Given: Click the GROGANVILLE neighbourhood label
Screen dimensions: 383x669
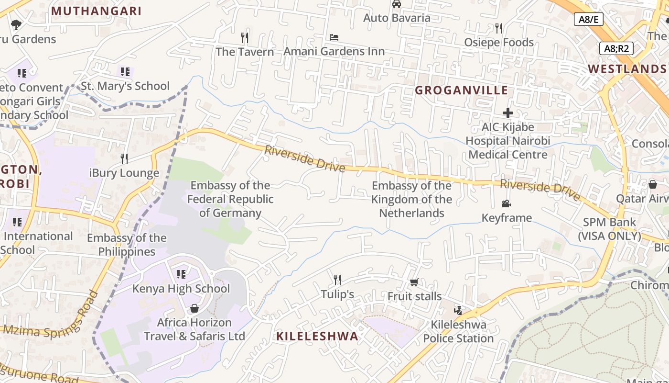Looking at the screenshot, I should pyautogui.click(x=461, y=90).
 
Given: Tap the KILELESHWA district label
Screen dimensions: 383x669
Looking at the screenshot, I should pyautogui.click(x=317, y=336).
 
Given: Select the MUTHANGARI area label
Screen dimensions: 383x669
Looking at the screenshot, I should pyautogui.click(x=96, y=11).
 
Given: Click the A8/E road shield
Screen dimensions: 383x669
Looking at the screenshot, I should pyautogui.click(x=588, y=19).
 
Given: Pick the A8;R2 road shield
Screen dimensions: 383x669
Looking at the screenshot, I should pyautogui.click(x=616, y=48).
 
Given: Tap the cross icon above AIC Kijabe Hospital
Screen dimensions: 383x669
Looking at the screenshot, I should pyautogui.click(x=507, y=113).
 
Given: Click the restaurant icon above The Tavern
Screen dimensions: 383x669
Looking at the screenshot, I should pyautogui.click(x=245, y=37).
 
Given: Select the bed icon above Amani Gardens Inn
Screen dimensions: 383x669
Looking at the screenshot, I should pyautogui.click(x=334, y=37).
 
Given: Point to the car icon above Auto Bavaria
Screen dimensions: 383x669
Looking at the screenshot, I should pyautogui.click(x=396, y=4).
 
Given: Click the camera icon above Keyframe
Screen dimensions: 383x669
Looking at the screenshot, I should pyautogui.click(x=507, y=204).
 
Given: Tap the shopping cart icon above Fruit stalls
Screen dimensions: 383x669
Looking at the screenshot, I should pyautogui.click(x=414, y=282).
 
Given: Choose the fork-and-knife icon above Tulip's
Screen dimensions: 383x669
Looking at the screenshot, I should pyautogui.click(x=337, y=280).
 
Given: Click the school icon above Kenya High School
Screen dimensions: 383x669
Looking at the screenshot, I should pyautogui.click(x=181, y=274).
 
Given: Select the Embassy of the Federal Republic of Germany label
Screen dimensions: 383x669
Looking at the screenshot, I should pyautogui.click(x=230, y=199).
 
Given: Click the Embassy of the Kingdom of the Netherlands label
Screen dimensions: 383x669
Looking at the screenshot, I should pyautogui.click(x=411, y=199).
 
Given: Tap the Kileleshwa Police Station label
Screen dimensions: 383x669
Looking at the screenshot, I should pyautogui.click(x=458, y=331).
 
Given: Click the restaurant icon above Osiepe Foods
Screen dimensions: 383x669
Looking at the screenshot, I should pyautogui.click(x=499, y=28).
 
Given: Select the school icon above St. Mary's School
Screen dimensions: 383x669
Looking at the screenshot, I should pyautogui.click(x=125, y=72).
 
